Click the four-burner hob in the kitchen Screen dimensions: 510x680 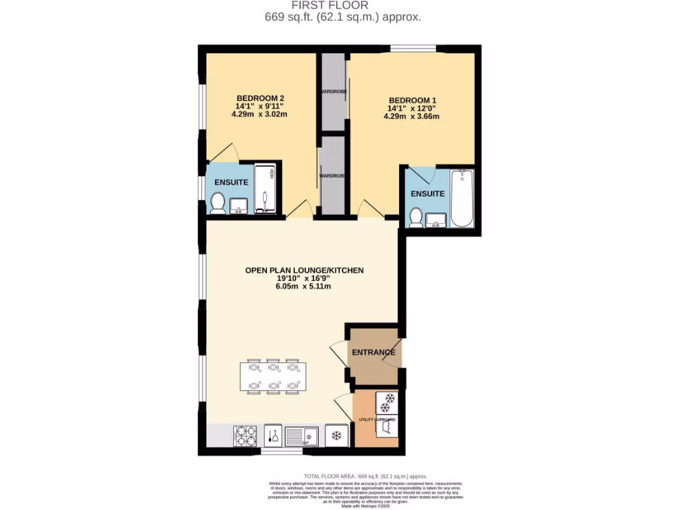coord(245,436)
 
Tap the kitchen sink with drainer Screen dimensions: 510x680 coord(301,436)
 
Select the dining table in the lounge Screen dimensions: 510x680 coord(273,377)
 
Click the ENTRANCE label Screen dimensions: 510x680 coord(373,352)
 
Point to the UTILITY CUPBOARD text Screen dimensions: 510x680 coord(377,420)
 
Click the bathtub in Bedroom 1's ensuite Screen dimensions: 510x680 coord(462,199)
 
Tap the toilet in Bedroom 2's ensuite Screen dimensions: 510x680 coord(218,203)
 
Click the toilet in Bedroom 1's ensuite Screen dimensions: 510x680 coord(416,217)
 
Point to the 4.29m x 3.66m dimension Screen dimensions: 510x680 coord(411,116)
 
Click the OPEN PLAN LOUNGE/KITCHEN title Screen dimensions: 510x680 coord(305,270)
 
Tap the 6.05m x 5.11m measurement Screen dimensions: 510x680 coord(305,287)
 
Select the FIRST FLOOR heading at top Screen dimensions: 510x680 coord(339,5)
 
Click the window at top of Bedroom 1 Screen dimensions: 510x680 coord(412,48)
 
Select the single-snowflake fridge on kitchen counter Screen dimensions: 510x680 coord(337,436)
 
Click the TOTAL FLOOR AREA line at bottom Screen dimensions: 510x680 coord(365,477)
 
